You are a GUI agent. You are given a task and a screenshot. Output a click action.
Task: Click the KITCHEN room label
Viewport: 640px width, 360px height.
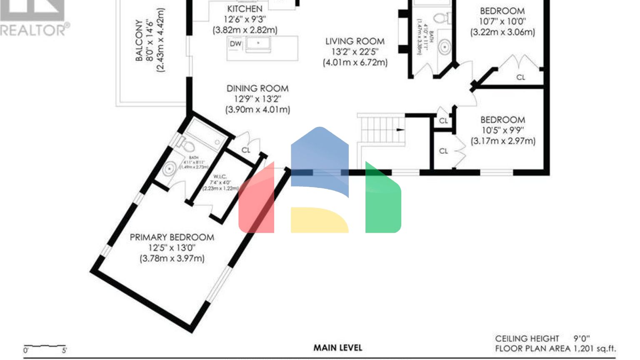click(x=245, y=9)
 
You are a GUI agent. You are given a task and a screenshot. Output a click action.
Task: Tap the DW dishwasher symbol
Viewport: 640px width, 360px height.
click(x=235, y=44)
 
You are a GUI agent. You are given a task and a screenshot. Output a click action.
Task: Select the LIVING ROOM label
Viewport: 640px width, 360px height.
click(x=355, y=41)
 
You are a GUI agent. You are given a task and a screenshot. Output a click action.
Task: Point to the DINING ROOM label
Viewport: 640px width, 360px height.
click(x=257, y=88)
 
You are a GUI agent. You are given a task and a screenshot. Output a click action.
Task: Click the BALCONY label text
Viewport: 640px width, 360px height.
click(x=139, y=40)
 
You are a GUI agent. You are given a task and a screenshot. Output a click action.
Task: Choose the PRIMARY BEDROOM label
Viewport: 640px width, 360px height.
click(x=172, y=237)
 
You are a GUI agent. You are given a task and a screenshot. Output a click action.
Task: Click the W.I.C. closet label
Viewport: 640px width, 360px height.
click(x=220, y=177)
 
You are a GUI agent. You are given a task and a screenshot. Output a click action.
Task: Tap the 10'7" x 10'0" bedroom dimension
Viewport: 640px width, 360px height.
click(x=502, y=22)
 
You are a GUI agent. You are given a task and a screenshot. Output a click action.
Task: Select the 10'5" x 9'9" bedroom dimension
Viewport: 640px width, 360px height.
click(x=502, y=130)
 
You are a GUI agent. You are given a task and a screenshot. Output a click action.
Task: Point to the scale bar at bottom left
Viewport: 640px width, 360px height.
click(x=45, y=347)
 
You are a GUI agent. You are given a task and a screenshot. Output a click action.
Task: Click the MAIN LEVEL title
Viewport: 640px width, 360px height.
click(x=337, y=347)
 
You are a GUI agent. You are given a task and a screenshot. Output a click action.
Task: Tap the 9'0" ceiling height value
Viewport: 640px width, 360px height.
click(x=582, y=338)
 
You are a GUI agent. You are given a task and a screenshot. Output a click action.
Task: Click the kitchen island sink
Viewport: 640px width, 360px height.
click(x=258, y=43)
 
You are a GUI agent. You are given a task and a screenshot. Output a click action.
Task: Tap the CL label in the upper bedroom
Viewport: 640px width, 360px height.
click(x=520, y=77)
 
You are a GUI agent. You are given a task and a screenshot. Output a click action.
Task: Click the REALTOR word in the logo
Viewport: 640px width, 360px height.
click(x=32, y=30)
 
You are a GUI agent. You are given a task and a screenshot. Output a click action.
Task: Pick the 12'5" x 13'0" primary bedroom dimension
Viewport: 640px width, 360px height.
click(x=172, y=248)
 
